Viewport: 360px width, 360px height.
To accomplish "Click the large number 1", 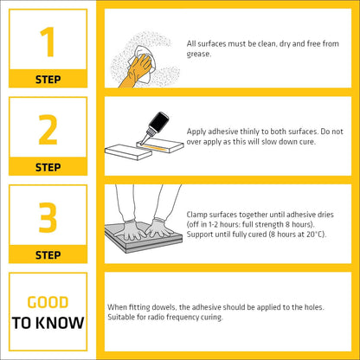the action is click(x=48, y=42).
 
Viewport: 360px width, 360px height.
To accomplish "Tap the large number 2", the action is click(x=48, y=130).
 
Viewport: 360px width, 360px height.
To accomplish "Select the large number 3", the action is click(x=48, y=217).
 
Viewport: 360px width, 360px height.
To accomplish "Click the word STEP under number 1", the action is click(x=48, y=80).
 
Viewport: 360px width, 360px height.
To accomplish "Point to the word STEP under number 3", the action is click(x=48, y=255).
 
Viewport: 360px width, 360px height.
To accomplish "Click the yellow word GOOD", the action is click(x=48, y=302).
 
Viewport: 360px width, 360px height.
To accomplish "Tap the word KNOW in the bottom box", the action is click(x=61, y=323).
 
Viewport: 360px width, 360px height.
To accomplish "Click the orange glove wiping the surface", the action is click(x=136, y=72).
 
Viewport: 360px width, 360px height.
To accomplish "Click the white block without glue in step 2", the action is click(x=128, y=152).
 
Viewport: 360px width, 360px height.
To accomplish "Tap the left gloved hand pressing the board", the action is click(x=132, y=230).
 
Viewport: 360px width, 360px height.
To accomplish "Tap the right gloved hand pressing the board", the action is click(x=158, y=228).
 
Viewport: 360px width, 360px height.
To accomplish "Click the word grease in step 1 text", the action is click(x=198, y=55).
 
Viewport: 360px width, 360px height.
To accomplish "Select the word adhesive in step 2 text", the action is click(x=223, y=132).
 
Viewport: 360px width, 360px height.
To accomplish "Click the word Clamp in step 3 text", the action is click(x=196, y=215).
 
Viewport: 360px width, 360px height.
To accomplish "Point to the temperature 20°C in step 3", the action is click(x=316, y=235).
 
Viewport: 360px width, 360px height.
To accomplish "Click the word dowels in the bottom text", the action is click(x=163, y=307).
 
